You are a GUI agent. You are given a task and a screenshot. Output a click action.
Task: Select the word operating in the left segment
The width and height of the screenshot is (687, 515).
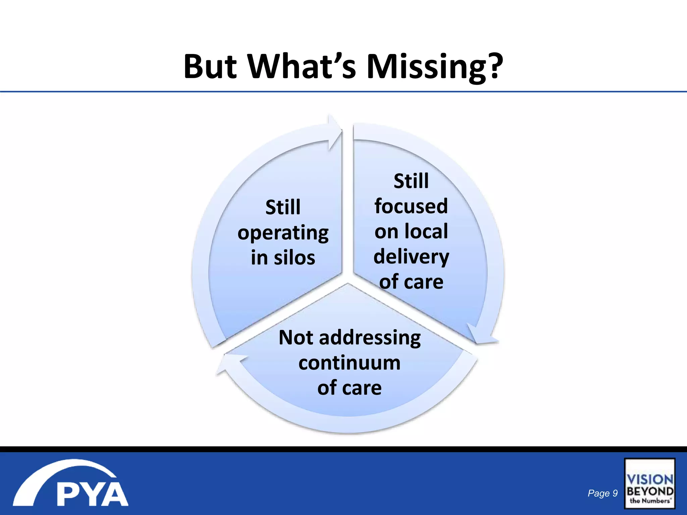[x=283, y=233]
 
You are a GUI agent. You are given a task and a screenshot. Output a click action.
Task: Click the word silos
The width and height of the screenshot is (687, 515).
[x=294, y=258]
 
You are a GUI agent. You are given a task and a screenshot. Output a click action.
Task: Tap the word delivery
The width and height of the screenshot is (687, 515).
[x=411, y=257]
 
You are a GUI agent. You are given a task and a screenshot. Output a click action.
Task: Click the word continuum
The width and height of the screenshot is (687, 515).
[x=349, y=363]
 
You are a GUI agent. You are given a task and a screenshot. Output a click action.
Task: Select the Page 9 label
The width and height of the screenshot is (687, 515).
[x=602, y=493]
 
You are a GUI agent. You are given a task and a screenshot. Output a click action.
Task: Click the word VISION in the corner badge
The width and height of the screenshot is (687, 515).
[x=649, y=479]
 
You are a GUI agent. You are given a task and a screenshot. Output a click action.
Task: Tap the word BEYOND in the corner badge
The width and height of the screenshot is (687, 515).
[x=649, y=492]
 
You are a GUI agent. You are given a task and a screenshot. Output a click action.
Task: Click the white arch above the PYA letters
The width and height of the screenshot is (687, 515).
[x=64, y=471]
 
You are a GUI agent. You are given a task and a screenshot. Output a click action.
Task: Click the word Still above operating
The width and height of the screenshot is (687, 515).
[x=283, y=207]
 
